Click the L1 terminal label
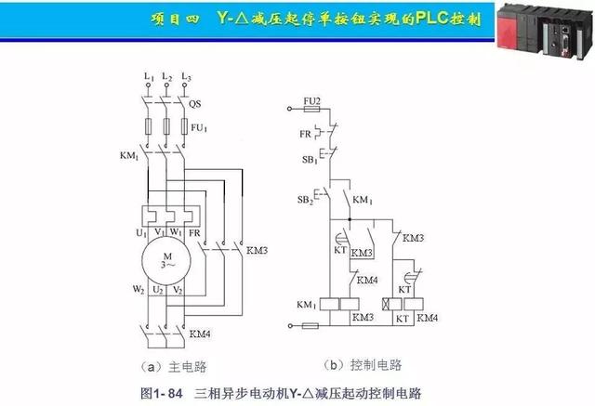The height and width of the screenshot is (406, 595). [147, 75]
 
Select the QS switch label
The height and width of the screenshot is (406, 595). [195, 104]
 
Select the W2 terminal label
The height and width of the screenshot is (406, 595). [139, 290]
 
